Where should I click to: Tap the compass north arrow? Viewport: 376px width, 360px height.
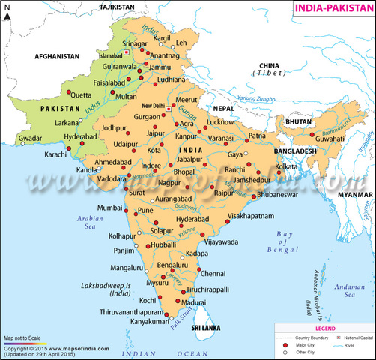coord(8,16)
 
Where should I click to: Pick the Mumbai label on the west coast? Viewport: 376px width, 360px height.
coord(109,206)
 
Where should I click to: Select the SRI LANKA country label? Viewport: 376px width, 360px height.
coord(205,328)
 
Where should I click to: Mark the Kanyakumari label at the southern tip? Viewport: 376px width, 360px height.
coord(134,325)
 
